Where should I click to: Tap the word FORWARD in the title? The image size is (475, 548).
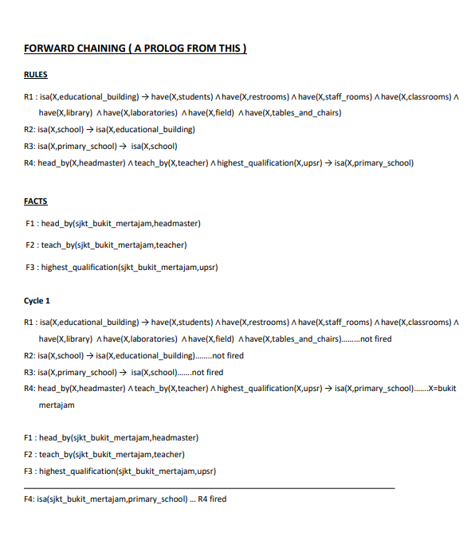[x=48, y=49]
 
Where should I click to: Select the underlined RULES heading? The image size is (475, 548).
[x=36, y=75]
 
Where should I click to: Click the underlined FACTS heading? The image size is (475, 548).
[x=36, y=202]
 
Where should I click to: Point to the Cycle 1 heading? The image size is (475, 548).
[x=37, y=301]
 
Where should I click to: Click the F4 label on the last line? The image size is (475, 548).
[x=29, y=499]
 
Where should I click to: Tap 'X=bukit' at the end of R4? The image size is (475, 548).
[x=442, y=389]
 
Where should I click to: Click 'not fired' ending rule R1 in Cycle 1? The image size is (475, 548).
[x=376, y=339]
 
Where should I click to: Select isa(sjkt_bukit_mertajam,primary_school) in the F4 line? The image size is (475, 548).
[x=112, y=499]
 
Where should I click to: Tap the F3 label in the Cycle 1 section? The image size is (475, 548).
[x=29, y=471]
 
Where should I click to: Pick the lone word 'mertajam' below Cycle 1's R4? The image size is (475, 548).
[x=57, y=405]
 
